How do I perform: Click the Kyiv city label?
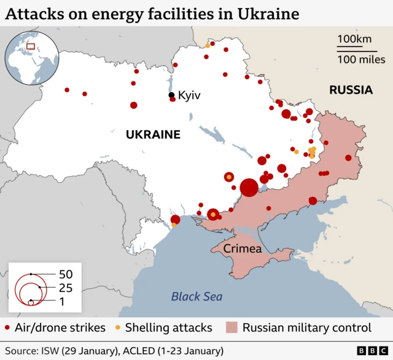189,96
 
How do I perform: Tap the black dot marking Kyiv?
172,95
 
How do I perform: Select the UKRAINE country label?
153,134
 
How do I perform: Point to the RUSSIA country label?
351,90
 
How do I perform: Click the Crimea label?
243,249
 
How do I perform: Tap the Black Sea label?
196,296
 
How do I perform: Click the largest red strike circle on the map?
249,187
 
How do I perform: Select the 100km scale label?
355,39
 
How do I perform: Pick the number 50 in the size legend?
66,274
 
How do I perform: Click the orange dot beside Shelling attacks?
117,327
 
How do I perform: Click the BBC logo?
369,350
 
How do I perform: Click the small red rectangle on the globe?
31,46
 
